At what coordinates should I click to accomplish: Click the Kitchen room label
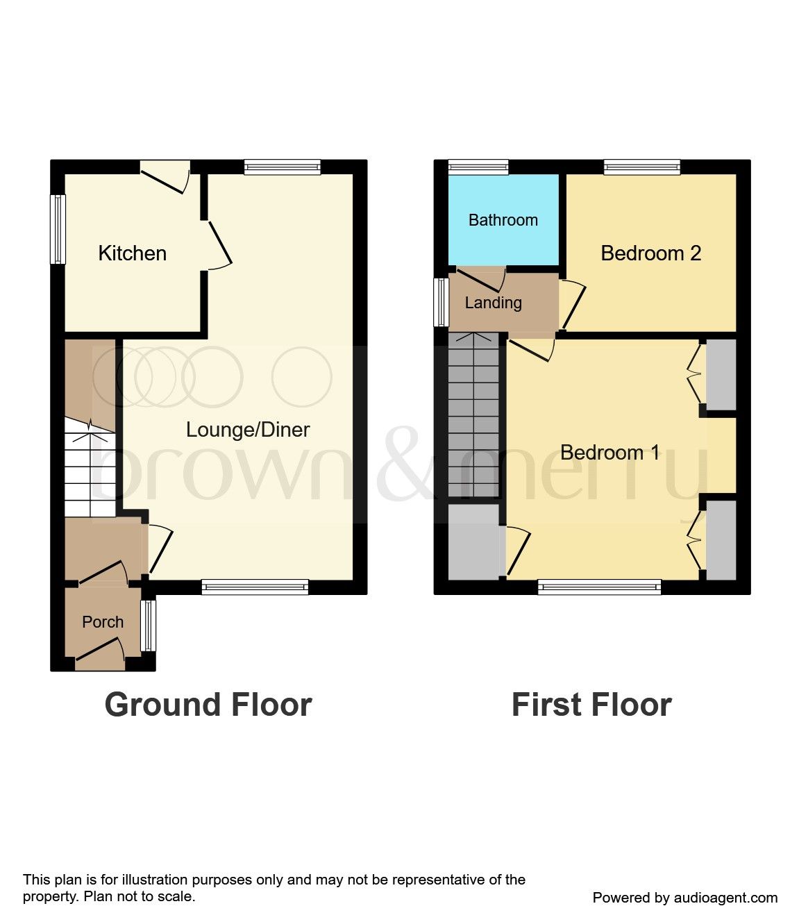point(132,253)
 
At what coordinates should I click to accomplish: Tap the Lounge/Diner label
point(248,430)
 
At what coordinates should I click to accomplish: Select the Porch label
point(103,622)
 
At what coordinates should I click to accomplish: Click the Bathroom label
point(503,220)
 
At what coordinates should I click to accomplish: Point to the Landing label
point(493,303)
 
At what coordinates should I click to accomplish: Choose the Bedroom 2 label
point(650,253)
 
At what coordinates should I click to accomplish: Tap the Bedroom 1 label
point(609,453)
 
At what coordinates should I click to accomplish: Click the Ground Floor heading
point(208,705)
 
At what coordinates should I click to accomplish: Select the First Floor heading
point(591,705)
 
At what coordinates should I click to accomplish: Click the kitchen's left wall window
point(58,229)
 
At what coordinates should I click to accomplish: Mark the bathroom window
point(478,167)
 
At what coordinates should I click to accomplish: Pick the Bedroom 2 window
point(641,167)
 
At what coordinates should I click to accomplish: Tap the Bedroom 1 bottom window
point(599,587)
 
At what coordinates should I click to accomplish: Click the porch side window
point(148,626)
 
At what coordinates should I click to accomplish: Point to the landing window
point(441,303)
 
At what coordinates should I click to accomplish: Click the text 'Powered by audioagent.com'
point(684,898)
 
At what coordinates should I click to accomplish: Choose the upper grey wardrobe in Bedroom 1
point(721,374)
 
